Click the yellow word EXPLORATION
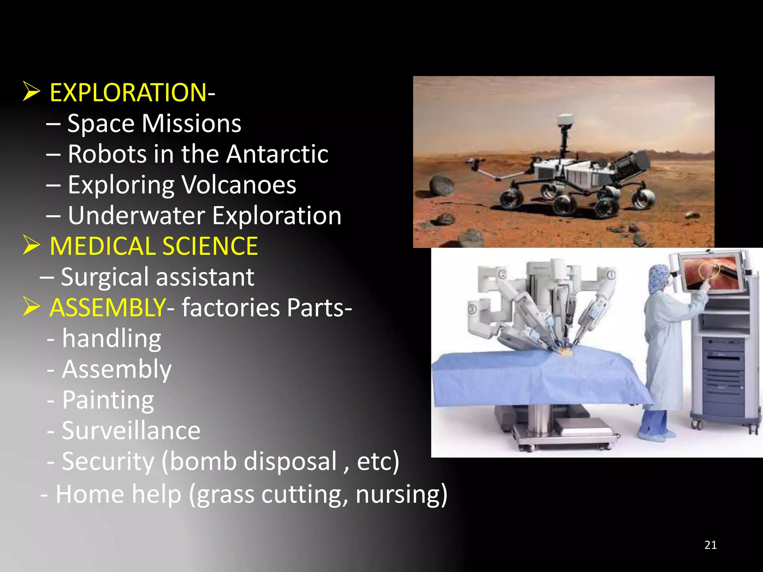coord(128,93)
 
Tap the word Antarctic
coord(277,154)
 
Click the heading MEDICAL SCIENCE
coord(153,246)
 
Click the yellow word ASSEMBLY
coord(107,308)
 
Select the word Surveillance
coord(131,431)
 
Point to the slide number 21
coord(710,545)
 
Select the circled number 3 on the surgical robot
coord(472,309)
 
